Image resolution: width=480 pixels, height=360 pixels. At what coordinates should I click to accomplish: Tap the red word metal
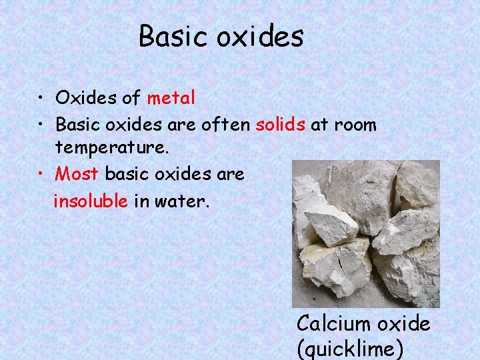(x=171, y=99)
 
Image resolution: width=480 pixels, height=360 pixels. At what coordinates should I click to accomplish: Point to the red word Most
(x=77, y=174)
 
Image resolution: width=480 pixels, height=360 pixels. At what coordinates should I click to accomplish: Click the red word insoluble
(x=91, y=201)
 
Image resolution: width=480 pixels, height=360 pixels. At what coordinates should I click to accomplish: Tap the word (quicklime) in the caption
(x=351, y=349)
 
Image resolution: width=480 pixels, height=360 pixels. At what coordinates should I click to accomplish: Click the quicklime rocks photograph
(x=366, y=233)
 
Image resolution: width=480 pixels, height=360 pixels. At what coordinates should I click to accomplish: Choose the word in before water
(x=141, y=201)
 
